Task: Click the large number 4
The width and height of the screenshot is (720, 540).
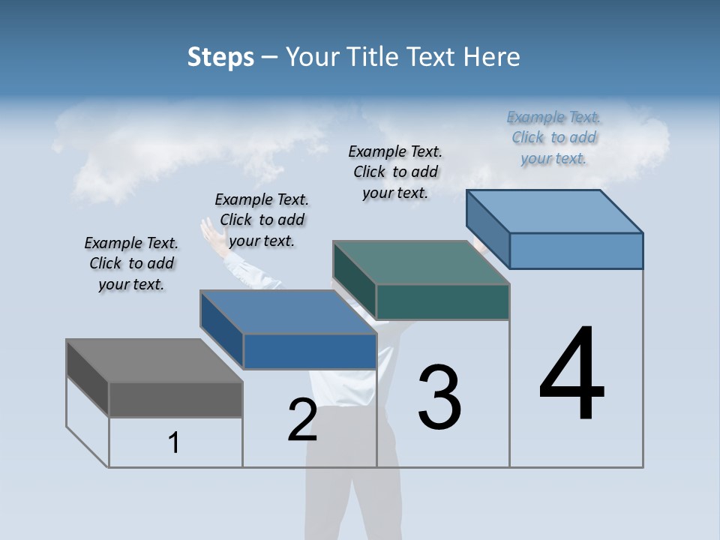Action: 571,375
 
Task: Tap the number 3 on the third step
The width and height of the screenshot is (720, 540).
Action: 439,397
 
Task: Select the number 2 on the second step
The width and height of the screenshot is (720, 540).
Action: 302,420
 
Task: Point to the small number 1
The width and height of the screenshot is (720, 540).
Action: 174,443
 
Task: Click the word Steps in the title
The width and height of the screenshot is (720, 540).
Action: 220,57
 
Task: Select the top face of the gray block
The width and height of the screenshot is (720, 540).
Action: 154,361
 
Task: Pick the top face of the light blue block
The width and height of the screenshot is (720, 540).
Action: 555,211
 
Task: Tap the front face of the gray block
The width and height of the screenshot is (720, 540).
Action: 175,399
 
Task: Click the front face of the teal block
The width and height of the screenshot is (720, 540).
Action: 442,301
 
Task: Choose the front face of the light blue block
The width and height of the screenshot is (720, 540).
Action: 576,250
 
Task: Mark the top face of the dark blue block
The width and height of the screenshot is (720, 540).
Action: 288,312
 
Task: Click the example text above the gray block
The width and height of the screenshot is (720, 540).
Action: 131,263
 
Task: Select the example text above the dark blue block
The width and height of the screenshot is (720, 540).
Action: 262,220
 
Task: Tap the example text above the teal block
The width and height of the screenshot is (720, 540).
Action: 395,172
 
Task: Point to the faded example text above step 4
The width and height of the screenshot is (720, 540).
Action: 554,137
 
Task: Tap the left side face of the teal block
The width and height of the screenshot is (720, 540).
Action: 354,279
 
